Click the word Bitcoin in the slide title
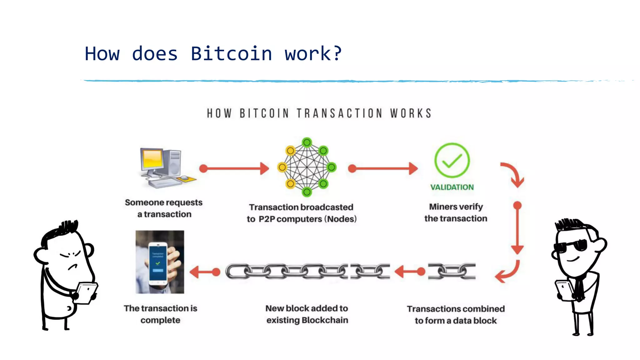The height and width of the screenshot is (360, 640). click(231, 54)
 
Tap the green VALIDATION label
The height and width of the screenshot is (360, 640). click(452, 187)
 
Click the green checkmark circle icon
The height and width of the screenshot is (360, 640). click(452, 161)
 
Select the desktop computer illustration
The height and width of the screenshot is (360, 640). click(166, 168)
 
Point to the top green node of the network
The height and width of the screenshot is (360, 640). click(307, 143)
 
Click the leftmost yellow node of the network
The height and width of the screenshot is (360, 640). click(282, 167)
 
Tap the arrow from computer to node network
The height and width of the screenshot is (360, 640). click(234, 168)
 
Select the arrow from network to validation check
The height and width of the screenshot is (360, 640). click(383, 168)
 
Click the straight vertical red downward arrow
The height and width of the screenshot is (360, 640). click(517, 228)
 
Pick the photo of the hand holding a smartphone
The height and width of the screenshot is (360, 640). click(160, 262)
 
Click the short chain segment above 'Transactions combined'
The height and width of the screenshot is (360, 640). click(452, 271)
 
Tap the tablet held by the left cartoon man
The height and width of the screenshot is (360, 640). click(87, 292)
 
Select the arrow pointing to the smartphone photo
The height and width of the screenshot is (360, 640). click(205, 272)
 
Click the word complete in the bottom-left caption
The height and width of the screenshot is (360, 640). click(160, 320)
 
